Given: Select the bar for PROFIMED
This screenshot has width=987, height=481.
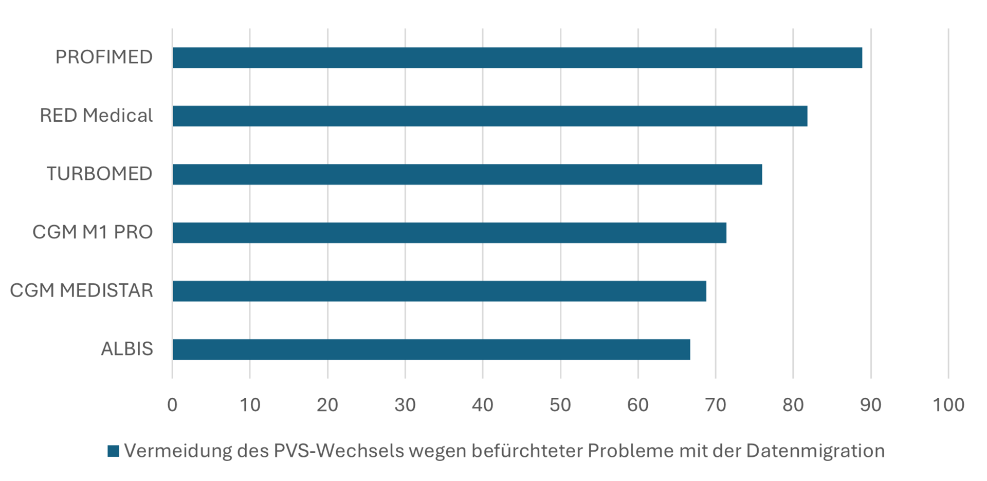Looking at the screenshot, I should (517, 58).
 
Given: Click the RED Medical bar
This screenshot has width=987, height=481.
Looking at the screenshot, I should (489, 116).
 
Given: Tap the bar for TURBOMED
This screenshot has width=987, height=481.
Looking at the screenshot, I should (467, 174).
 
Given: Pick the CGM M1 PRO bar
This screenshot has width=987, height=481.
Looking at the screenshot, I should (449, 232).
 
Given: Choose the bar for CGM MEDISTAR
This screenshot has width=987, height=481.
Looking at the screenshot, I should (439, 291).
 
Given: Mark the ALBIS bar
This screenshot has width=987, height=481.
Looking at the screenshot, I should (431, 349).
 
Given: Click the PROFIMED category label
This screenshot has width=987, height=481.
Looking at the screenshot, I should (104, 57).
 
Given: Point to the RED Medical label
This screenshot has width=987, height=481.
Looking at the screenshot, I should (96, 116).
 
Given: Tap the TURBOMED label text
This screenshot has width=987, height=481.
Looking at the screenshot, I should (99, 174).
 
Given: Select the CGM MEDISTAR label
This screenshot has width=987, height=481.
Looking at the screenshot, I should (81, 290).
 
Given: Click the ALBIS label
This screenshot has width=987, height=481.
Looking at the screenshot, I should (127, 349).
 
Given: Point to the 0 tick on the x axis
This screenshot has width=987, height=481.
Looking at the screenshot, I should (172, 405).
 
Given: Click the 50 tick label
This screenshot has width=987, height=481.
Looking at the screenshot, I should (560, 405).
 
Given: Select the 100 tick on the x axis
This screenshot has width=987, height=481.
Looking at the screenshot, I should (948, 405).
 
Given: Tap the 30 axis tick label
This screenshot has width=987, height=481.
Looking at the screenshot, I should (405, 405).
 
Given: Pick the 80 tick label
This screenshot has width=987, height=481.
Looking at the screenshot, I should (793, 405).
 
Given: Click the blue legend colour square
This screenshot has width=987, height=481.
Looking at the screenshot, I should (113, 451).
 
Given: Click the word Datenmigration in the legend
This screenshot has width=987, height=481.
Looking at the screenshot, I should (815, 451).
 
